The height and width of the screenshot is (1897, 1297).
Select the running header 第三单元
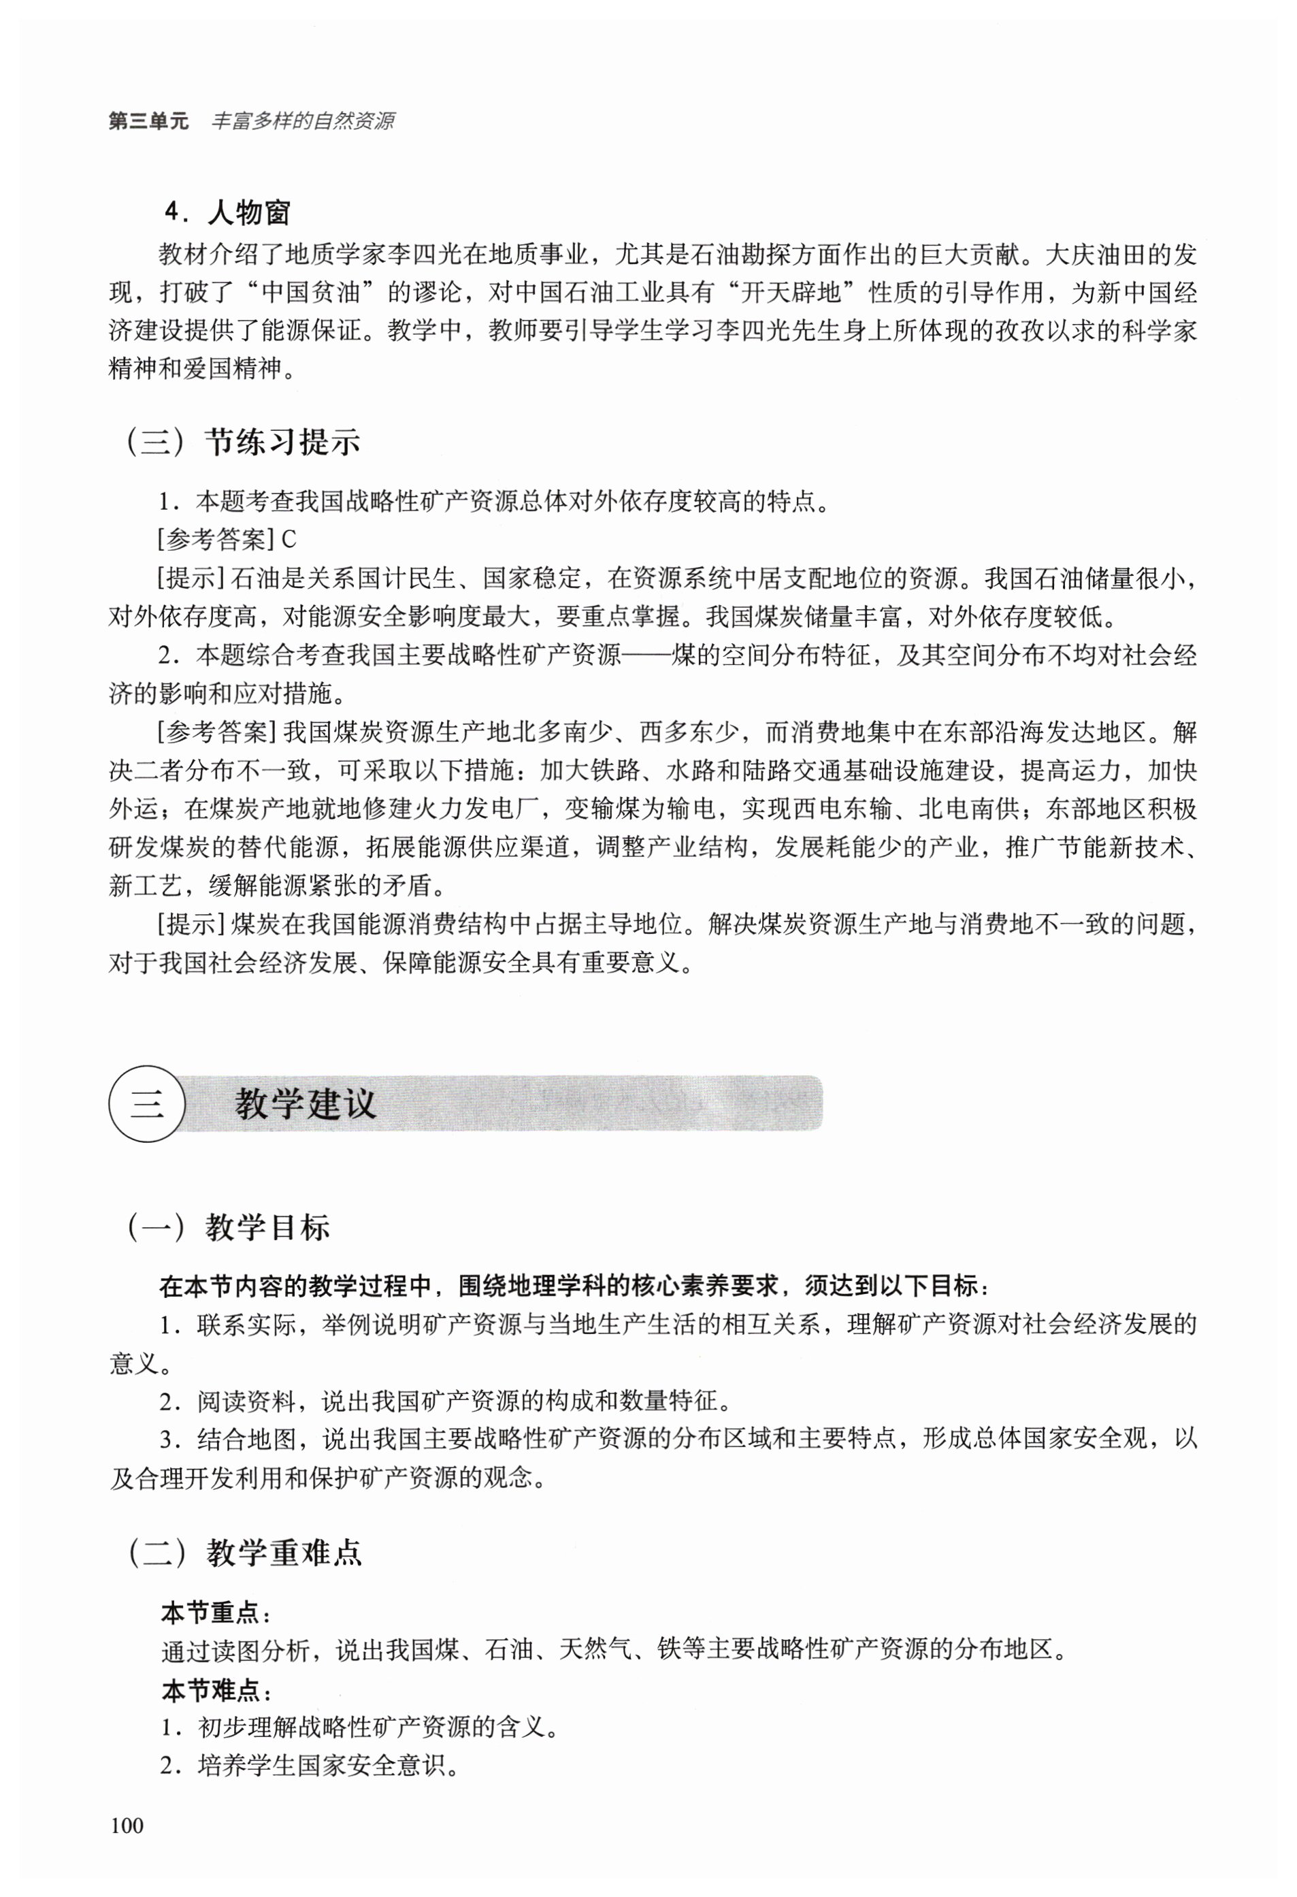[148, 122]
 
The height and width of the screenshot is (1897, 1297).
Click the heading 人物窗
[249, 213]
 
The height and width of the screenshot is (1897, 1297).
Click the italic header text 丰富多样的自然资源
[303, 122]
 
